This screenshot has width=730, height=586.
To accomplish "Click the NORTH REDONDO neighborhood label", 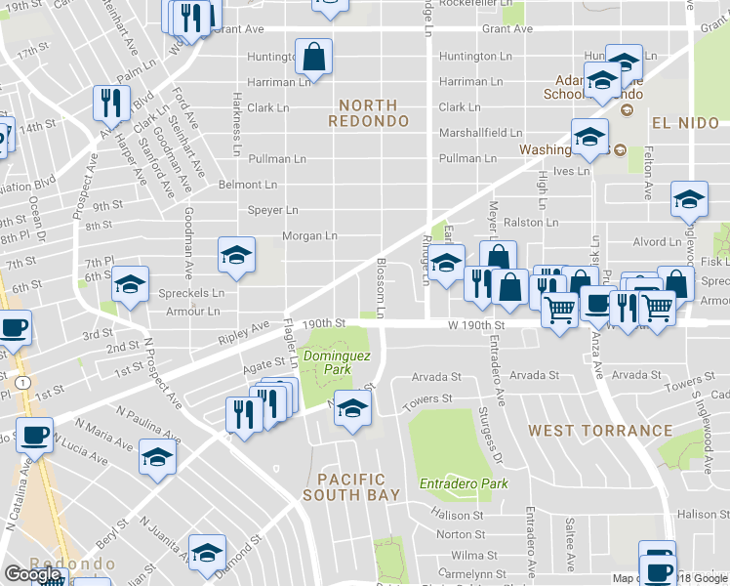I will pyautogui.click(x=362, y=112).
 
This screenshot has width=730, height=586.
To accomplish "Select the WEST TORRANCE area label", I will pyautogui.click(x=600, y=430).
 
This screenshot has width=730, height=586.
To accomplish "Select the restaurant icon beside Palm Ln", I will pyautogui.click(x=109, y=103).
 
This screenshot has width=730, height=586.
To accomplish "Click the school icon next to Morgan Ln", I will pyautogui.click(x=236, y=256).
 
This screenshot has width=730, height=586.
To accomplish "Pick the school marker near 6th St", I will pyautogui.click(x=130, y=285).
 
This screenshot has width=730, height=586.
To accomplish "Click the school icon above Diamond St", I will pyautogui.click(x=207, y=554).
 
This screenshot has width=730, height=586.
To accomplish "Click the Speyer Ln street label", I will pyautogui.click(x=273, y=210).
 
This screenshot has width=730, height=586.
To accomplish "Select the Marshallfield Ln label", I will pyautogui.click(x=480, y=133).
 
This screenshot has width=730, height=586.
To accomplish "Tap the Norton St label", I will pyautogui.click(x=454, y=534).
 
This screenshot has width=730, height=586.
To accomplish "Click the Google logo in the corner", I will pyautogui.click(x=32, y=574).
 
